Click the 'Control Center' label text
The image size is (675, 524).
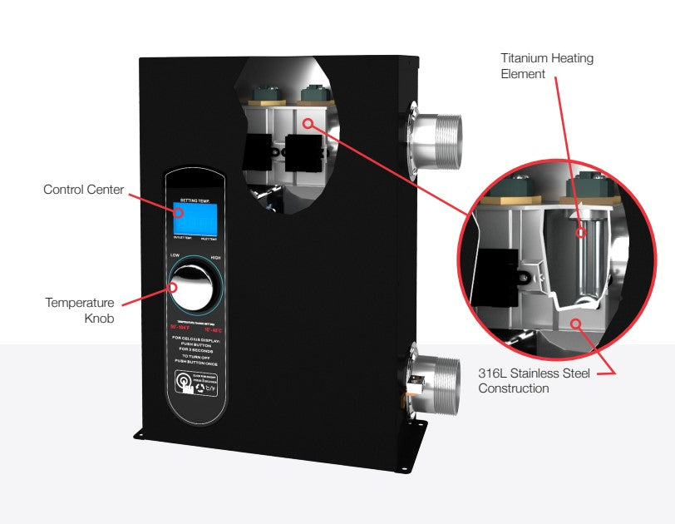(x=83, y=190)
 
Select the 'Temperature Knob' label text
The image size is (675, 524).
(x=80, y=310)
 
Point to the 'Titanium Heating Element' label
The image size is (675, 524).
(x=547, y=67)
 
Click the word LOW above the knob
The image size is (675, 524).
(x=175, y=255)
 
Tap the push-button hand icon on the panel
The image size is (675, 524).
(x=183, y=383)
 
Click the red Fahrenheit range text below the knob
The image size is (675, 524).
(x=180, y=327)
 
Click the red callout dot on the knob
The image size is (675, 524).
(x=175, y=288)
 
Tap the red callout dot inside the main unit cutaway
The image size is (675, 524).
(x=308, y=123)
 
